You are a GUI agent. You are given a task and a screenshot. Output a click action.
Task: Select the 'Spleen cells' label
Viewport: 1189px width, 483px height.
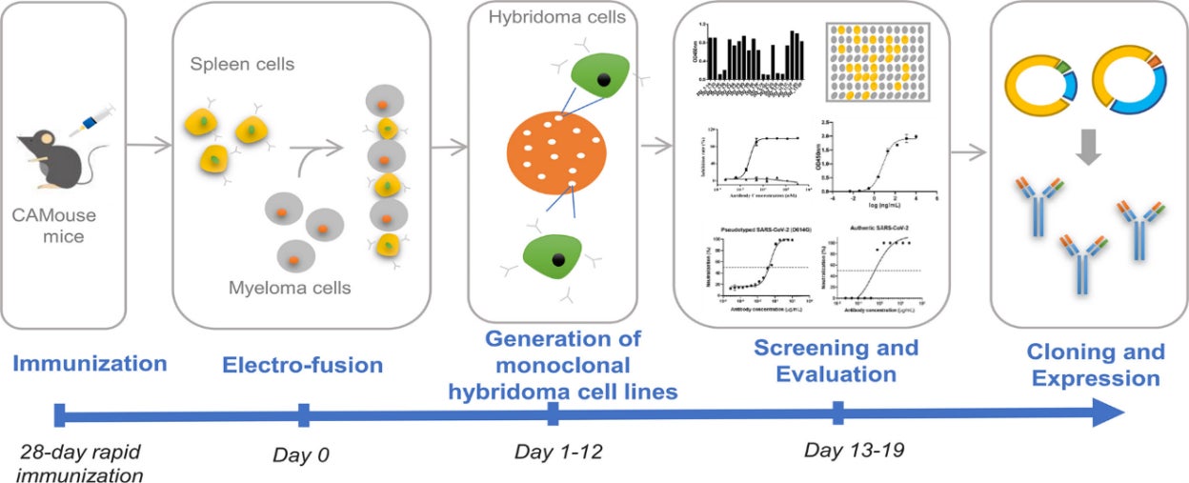pyautogui.click(x=241, y=65)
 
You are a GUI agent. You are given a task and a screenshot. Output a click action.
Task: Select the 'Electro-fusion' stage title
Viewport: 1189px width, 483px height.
pyautogui.click(x=302, y=365)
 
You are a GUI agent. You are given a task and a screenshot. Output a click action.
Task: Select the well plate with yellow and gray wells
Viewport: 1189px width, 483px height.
pyautogui.click(x=873, y=62)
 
